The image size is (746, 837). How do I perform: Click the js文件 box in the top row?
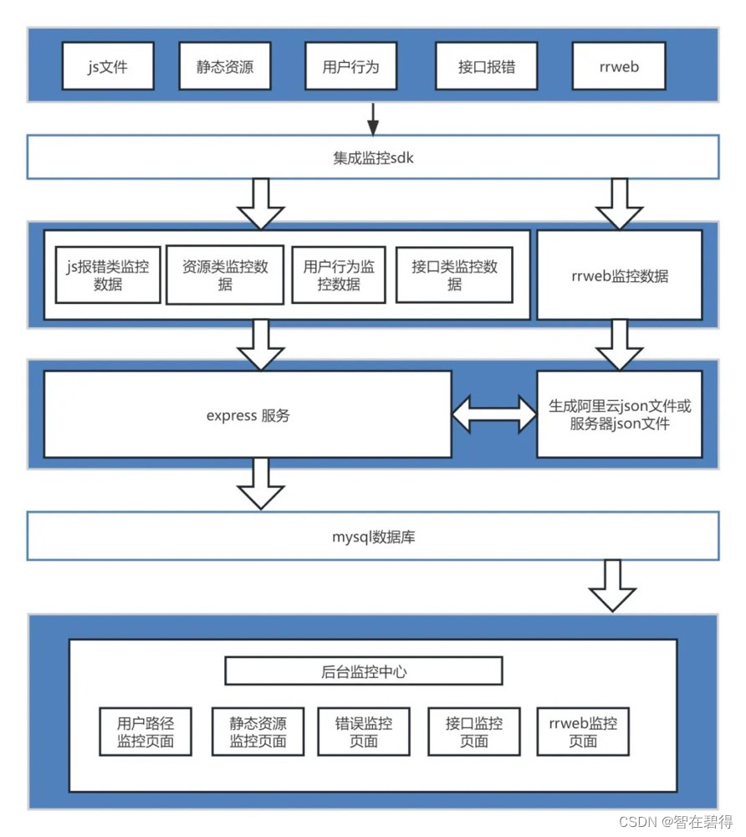coord(108,66)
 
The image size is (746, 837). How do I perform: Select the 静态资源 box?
coord(225,66)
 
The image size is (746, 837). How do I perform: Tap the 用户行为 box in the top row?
coord(350,66)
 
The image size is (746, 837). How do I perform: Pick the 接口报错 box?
coord(487,66)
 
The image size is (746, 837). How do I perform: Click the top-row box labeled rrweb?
coord(618,66)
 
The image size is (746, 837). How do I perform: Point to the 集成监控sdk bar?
coord(373,157)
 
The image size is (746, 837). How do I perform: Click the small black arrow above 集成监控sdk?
coord(373,120)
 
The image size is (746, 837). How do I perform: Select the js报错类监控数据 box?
coord(107,275)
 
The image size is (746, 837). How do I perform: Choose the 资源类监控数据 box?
coord(225,275)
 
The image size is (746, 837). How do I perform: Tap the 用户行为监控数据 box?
coord(339,275)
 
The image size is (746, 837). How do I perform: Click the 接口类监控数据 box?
coord(454,275)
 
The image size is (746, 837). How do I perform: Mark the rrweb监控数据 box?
coord(619,275)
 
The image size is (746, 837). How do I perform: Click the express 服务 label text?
coord(248,415)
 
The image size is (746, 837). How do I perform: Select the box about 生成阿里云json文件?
coord(619,414)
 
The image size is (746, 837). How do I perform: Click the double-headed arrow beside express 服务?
coord(493,414)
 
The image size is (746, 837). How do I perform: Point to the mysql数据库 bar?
coord(373,537)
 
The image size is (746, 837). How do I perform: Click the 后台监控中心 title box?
coord(364,671)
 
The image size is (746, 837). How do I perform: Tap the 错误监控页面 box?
coord(364,732)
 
